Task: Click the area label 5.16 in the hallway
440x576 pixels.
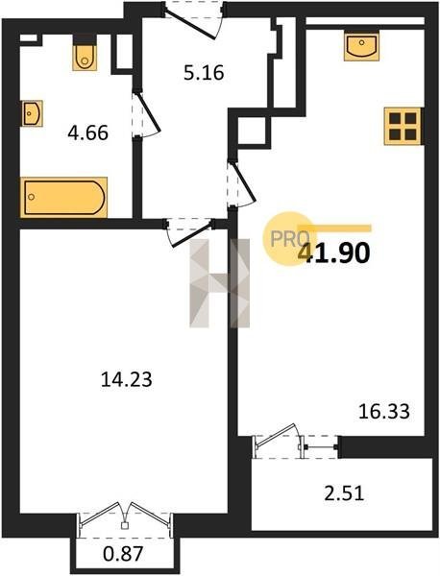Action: click(x=204, y=73)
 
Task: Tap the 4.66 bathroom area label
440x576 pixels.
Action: click(x=87, y=132)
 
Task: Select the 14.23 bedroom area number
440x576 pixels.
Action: click(x=126, y=379)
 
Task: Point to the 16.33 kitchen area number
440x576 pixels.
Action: click(x=383, y=412)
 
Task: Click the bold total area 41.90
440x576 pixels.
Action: click(x=333, y=252)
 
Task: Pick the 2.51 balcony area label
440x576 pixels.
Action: click(x=344, y=493)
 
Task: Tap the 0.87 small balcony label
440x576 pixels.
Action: click(x=122, y=554)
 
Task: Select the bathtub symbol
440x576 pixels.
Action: click(x=64, y=197)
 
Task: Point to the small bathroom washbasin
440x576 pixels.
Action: click(x=32, y=113)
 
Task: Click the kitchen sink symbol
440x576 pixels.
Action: click(x=361, y=46)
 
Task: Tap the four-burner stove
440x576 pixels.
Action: click(x=403, y=126)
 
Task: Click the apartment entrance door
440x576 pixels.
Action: click(x=193, y=20)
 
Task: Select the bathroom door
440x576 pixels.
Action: click(x=146, y=114)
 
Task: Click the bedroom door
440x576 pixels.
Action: click(x=189, y=231)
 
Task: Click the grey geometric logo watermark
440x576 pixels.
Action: click(x=219, y=283)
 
